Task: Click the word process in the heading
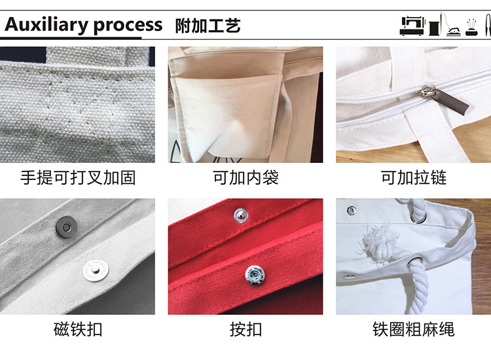[x=128, y=26]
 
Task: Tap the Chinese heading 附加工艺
[x=208, y=26]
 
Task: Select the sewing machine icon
[x=412, y=26]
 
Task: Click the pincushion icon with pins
[x=471, y=27]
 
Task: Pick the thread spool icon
[x=434, y=27]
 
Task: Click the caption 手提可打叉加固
[x=78, y=178]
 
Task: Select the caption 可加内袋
[x=245, y=178]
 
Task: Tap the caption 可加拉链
[x=413, y=178]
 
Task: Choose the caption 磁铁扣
[x=78, y=329]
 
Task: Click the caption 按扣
[x=245, y=329]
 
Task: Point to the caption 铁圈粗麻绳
[x=413, y=329]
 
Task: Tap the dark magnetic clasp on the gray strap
[x=66, y=226]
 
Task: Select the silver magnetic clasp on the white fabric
[x=96, y=270]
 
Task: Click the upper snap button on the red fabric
[x=241, y=216]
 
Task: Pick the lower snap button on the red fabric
[x=255, y=276]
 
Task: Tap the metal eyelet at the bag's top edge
[x=419, y=216]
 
